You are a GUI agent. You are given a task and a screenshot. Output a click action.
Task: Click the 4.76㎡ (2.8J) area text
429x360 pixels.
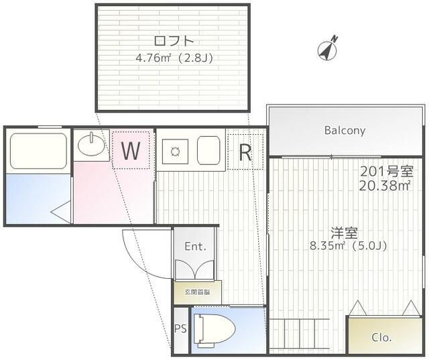click(x=174, y=58)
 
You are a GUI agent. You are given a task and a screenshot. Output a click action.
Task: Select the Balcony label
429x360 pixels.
click(x=345, y=130)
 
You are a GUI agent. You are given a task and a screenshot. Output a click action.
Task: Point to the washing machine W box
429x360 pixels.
click(x=131, y=151)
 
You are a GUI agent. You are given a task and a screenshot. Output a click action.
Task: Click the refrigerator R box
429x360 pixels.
click(x=245, y=152)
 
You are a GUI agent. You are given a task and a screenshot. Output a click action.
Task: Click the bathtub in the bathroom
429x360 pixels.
click(x=38, y=151)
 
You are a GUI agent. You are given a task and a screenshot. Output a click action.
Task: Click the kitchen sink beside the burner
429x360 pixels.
click(x=207, y=151)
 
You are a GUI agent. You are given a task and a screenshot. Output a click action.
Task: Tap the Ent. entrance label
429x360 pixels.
click(x=194, y=247)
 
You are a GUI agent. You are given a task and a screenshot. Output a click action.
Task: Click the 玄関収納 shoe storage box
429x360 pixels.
click(x=194, y=292)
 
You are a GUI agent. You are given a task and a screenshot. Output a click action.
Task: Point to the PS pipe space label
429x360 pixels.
click(x=180, y=328)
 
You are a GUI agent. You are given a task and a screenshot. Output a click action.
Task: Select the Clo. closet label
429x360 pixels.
click(x=382, y=337)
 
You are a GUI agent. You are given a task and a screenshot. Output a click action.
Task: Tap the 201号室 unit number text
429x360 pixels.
click(x=386, y=171)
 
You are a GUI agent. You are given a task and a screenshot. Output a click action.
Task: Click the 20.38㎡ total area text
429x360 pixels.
click(x=385, y=185)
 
